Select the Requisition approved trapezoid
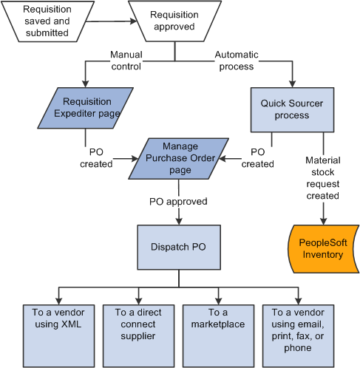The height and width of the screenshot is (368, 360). (x=174, y=20)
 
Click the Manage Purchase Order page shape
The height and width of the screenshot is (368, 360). (x=178, y=158)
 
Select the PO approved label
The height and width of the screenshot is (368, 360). (x=178, y=200)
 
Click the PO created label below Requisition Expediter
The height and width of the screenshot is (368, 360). (x=96, y=157)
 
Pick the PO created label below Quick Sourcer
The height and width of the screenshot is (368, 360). (x=257, y=157)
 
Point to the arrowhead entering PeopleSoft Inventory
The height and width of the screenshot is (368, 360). (x=322, y=220)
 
